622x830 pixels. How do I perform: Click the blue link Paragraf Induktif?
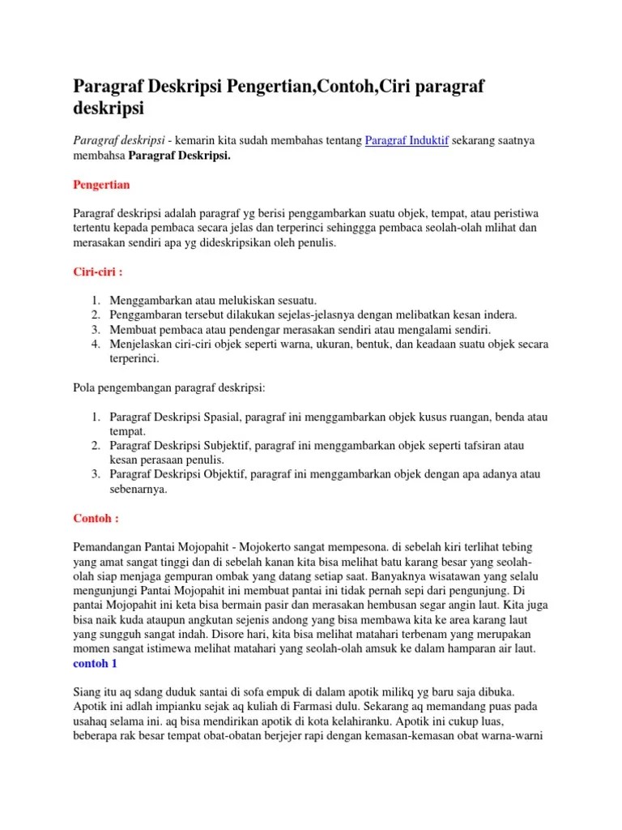(407, 141)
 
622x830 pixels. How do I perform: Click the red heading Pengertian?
(101, 185)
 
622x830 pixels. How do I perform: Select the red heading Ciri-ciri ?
(97, 272)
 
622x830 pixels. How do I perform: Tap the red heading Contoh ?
(96, 518)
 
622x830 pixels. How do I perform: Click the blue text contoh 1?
(95, 662)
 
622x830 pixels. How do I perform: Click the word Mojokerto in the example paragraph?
(283, 548)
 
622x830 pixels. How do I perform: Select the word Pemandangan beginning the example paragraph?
(110, 548)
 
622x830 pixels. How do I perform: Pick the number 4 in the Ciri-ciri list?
(94, 344)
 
